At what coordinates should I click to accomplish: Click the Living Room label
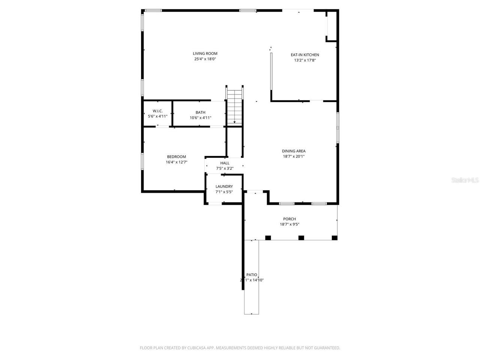[x=205, y=54]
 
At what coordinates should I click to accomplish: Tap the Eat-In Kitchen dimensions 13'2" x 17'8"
[x=305, y=60]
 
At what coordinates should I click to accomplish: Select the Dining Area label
[x=294, y=151]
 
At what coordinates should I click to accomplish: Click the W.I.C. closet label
[x=157, y=111]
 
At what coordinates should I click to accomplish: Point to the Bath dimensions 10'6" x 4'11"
[x=201, y=118]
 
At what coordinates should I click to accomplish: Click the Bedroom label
[x=176, y=157]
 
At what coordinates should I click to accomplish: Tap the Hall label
[x=225, y=163]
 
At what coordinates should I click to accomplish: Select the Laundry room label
[x=224, y=186]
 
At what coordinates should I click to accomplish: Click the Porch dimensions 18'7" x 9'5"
[x=289, y=225]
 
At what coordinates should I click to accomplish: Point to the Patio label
[x=252, y=275]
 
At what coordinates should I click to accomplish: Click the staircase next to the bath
[x=235, y=106]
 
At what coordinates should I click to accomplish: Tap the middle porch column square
[x=301, y=237]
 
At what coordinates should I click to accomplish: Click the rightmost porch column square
[x=334, y=237]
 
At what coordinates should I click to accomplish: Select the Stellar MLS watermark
[x=465, y=180]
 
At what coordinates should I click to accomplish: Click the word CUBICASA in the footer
[x=196, y=348]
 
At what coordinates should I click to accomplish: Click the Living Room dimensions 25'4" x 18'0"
[x=205, y=59]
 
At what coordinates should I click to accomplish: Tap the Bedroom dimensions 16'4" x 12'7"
[x=176, y=162]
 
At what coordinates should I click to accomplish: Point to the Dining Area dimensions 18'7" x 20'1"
[x=294, y=157]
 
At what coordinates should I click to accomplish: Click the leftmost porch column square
[x=268, y=237]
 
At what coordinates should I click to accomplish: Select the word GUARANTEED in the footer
[x=327, y=348]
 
